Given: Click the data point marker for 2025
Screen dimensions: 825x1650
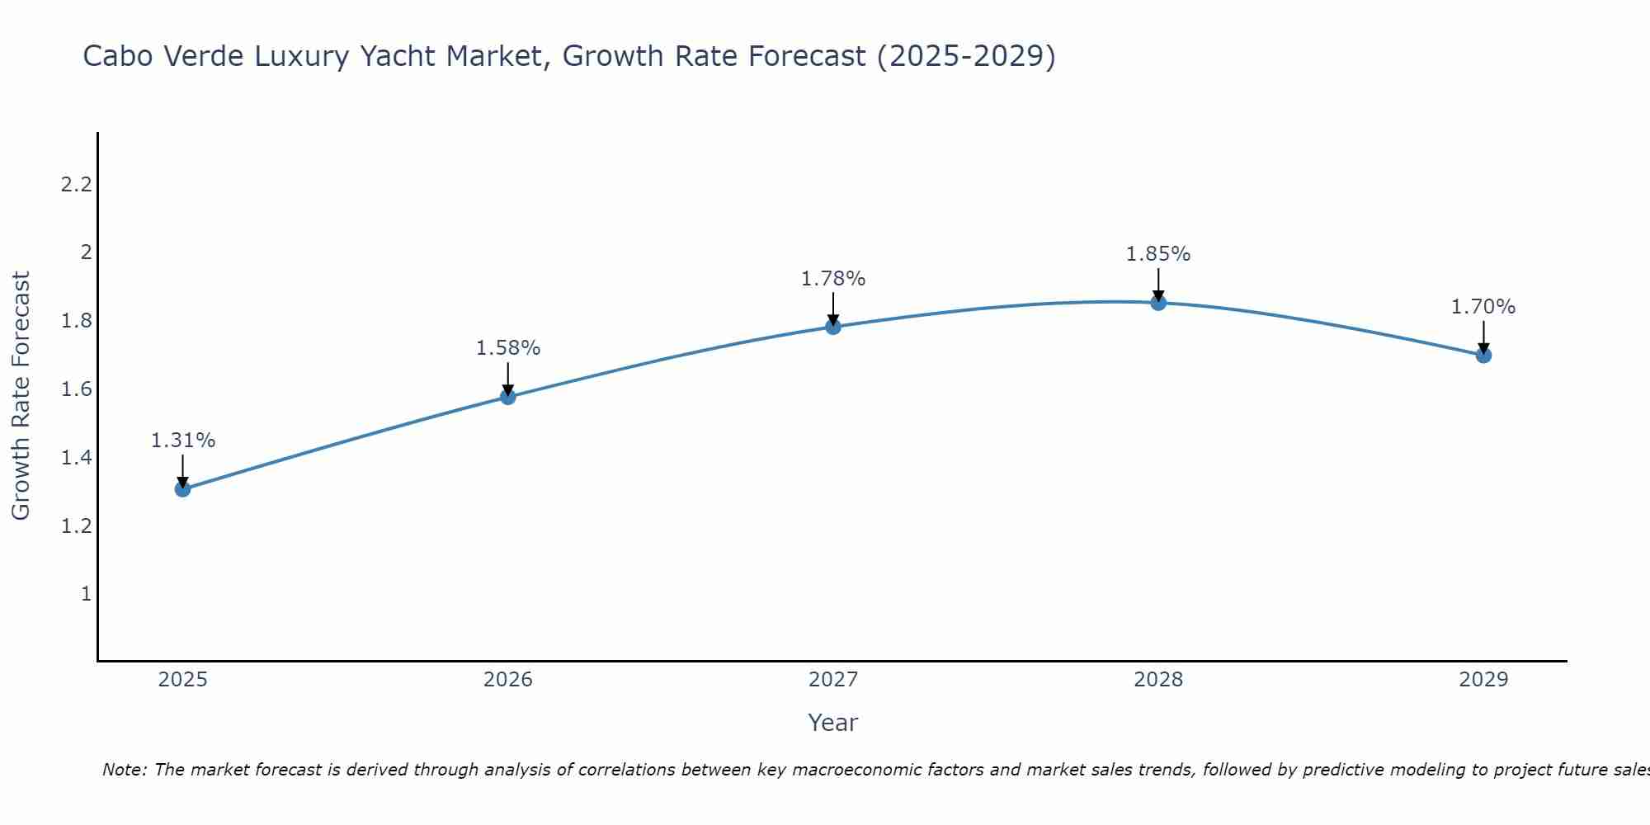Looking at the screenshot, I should point(182,489).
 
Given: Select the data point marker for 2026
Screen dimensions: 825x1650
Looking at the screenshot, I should point(507,397).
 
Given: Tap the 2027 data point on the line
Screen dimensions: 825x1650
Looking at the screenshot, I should point(832,327).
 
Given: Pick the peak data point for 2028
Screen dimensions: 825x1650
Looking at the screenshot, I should point(1157,303).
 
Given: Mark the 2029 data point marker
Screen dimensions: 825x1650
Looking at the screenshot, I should point(1483,356).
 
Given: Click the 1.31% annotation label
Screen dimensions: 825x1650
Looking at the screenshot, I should point(182,441).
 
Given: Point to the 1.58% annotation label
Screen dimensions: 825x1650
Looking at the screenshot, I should point(507,348).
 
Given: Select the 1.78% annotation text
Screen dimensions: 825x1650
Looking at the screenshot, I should point(832,279).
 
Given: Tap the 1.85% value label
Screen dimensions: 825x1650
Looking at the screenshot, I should point(1157,254).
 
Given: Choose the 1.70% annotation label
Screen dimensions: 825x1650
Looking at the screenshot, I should point(1483,307).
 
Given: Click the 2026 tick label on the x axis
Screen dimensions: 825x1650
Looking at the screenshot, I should point(507,680).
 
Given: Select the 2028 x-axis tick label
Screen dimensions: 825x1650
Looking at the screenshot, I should point(1157,680).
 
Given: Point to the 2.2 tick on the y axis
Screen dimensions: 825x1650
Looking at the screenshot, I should point(76,184).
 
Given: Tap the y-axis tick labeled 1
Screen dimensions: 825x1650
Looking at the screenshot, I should point(85,594).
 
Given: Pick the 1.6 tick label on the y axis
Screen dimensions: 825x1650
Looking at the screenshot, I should point(76,389).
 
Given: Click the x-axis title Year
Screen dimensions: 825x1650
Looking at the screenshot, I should point(832,723).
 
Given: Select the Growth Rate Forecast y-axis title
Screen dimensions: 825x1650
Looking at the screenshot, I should point(21,396).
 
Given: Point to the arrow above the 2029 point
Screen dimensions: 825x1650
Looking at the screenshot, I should point(1483,336).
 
